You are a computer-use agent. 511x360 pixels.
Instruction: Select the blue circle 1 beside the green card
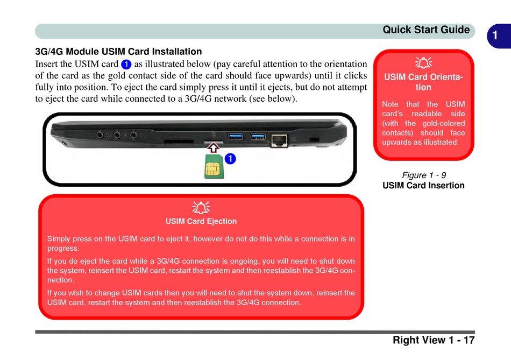tap(230, 159)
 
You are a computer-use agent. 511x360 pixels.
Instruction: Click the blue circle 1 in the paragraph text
tap(126, 64)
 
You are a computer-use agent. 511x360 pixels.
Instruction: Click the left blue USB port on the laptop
tap(236, 135)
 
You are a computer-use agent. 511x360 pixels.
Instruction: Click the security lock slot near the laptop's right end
tap(314, 139)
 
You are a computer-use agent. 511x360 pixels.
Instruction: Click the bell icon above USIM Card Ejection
tap(201, 207)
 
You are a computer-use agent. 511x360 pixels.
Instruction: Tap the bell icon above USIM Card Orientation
tap(423, 63)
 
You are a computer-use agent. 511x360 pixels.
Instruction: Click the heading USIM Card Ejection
tap(201, 221)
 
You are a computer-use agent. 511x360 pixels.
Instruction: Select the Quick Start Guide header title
tap(426, 30)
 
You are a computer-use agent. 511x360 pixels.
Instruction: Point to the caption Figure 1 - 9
tap(424, 175)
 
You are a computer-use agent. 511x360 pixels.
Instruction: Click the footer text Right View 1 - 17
tap(434, 340)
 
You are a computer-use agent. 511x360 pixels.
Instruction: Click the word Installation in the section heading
tap(176, 52)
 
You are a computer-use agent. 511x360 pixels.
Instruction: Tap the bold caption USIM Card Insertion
tap(424, 186)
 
